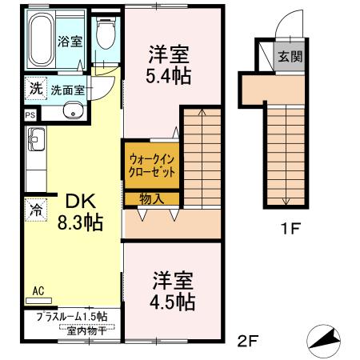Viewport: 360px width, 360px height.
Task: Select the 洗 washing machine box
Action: click(36, 89)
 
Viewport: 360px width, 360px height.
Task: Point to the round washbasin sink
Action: click(74, 112)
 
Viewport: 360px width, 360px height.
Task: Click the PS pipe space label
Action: click(30, 115)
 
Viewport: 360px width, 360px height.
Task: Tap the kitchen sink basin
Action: click(37, 145)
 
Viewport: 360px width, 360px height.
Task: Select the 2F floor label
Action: click(250, 342)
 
